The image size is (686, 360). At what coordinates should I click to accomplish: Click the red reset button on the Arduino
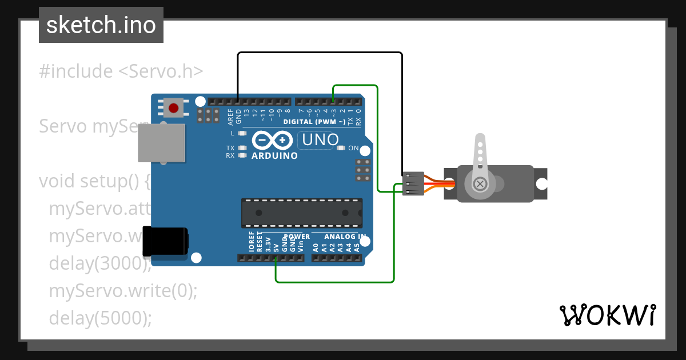click(x=173, y=107)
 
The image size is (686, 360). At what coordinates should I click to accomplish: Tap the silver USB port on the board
click(x=162, y=143)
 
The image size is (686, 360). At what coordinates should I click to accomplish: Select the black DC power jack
click(x=165, y=241)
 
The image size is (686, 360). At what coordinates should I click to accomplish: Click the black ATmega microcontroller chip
click(x=301, y=213)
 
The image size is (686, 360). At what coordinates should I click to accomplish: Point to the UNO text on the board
click(x=320, y=139)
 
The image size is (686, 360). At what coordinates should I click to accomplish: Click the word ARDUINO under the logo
click(x=274, y=155)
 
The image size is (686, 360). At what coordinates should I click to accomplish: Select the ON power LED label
click(x=353, y=148)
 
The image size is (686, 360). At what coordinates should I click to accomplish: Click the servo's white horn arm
click(x=480, y=157)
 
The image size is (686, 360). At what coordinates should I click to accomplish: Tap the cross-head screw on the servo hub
click(x=480, y=184)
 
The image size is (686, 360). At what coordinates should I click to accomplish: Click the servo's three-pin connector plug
click(x=413, y=184)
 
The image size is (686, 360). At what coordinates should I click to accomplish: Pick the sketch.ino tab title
click(x=101, y=25)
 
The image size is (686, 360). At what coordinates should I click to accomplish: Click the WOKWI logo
click(x=607, y=315)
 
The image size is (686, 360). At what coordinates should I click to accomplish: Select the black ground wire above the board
click(x=320, y=53)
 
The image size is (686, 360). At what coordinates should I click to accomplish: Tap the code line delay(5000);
click(x=101, y=318)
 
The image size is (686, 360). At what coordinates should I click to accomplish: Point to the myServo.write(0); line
click(x=123, y=291)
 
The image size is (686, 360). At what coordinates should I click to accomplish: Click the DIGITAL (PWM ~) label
click(x=314, y=122)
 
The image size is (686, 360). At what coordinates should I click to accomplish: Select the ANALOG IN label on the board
click(x=345, y=237)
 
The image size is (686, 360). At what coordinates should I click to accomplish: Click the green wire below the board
click(x=334, y=282)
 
